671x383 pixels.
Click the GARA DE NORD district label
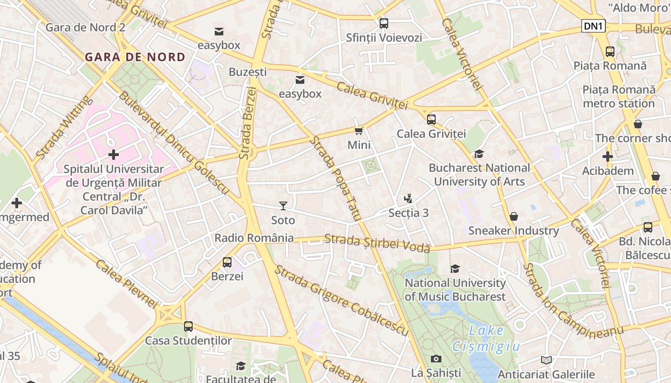tap(135, 57)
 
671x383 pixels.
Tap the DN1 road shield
tap(593, 26)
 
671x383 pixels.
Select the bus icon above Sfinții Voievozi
tap(383, 23)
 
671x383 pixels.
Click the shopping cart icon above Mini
tap(359, 131)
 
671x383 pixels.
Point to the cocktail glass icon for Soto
tap(283, 206)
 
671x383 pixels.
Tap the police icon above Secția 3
tap(408, 198)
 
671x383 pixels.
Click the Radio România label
tap(254, 238)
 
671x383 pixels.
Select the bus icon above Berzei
tap(227, 262)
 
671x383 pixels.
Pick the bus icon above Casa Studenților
tap(188, 327)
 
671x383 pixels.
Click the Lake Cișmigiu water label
tap(486, 338)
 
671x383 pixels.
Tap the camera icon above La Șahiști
tap(436, 359)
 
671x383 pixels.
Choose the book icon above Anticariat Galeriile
tap(546, 360)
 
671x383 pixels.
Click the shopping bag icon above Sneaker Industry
tap(513, 216)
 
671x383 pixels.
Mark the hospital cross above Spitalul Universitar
tap(114, 155)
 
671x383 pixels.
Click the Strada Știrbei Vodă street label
tap(377, 243)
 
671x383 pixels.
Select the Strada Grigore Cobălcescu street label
tap(341, 300)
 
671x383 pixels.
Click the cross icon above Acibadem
tap(607, 157)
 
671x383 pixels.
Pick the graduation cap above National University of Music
tap(455, 269)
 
